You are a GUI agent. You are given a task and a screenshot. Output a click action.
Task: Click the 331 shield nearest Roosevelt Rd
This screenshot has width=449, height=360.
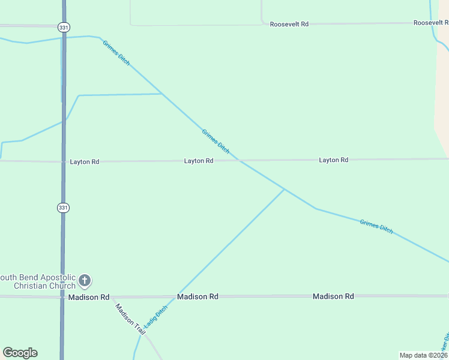(x=63, y=27)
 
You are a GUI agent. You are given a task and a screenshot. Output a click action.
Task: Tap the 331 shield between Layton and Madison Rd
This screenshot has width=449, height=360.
(x=63, y=207)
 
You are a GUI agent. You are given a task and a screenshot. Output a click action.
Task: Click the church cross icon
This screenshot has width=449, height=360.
(x=85, y=280)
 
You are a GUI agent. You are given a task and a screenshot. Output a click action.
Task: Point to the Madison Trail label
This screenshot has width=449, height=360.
(x=130, y=315)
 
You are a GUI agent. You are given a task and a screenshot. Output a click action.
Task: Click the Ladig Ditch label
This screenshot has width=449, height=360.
(x=155, y=317)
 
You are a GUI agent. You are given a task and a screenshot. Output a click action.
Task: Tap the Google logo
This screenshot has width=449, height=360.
(x=20, y=353)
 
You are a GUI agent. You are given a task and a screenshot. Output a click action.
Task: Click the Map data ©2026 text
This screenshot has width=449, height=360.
(x=424, y=355)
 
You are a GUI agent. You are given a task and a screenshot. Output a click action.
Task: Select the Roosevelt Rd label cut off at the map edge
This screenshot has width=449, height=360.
(x=430, y=23)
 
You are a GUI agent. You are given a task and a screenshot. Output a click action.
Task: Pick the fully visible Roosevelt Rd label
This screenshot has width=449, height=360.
(x=289, y=24)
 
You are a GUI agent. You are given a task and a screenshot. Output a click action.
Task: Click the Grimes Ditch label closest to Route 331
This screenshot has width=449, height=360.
(x=116, y=53)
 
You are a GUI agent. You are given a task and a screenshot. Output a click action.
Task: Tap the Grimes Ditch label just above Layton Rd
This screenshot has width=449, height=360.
(x=215, y=142)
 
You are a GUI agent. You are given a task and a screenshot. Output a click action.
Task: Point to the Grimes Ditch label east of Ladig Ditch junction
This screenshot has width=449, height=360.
(x=376, y=226)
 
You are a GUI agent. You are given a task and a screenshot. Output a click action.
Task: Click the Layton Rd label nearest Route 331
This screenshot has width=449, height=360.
(x=84, y=162)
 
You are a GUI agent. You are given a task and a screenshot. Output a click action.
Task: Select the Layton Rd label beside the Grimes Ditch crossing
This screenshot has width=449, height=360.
(x=199, y=161)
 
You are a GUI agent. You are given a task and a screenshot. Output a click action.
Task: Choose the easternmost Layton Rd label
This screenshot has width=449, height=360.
(x=333, y=160)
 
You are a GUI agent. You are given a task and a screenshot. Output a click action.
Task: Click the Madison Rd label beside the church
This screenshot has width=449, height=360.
(x=88, y=297)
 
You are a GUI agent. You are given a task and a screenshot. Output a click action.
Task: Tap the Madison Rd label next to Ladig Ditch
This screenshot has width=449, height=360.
(x=197, y=297)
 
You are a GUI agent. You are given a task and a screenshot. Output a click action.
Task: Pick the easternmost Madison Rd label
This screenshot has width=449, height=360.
(x=333, y=296)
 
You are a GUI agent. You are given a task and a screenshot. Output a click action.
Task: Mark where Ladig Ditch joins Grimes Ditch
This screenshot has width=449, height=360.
(x=285, y=189)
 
